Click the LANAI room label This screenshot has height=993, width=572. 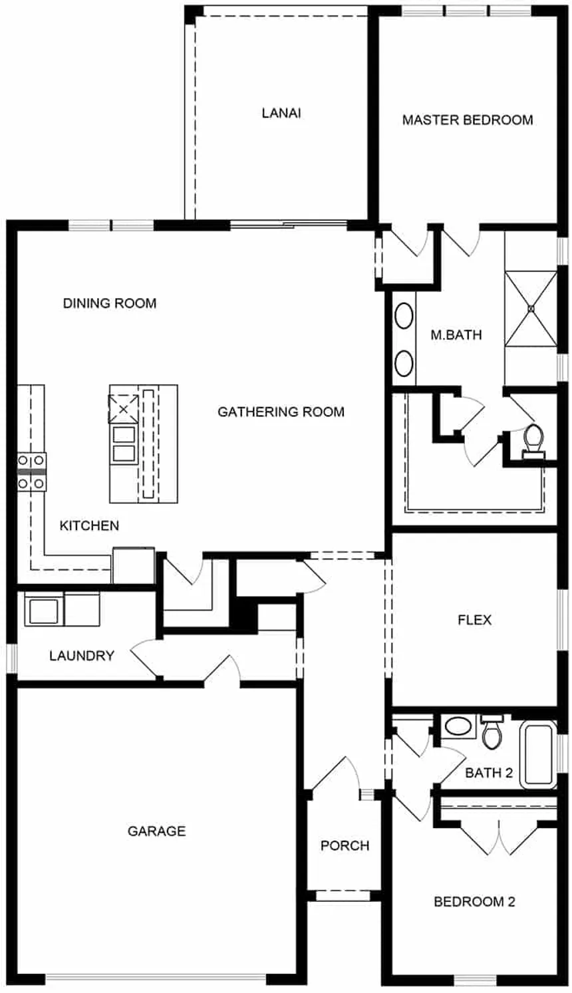(281, 113)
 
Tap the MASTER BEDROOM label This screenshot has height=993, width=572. (467, 120)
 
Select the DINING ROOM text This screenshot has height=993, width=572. (110, 304)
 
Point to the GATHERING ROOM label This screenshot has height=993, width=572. (281, 412)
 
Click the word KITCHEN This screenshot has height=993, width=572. (89, 526)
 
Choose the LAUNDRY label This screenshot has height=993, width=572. (82, 656)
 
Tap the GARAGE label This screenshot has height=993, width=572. (156, 831)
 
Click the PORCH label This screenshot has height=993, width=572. (345, 846)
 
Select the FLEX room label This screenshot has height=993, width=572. (474, 621)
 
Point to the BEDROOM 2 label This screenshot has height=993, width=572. (474, 903)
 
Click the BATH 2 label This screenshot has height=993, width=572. (489, 774)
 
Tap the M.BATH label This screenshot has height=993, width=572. (456, 335)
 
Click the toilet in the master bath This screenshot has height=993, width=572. (533, 441)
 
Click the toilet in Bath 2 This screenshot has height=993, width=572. (492, 732)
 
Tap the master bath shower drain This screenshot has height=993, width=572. (531, 309)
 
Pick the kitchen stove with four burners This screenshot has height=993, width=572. (31, 472)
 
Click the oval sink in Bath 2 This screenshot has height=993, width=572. (456, 726)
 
